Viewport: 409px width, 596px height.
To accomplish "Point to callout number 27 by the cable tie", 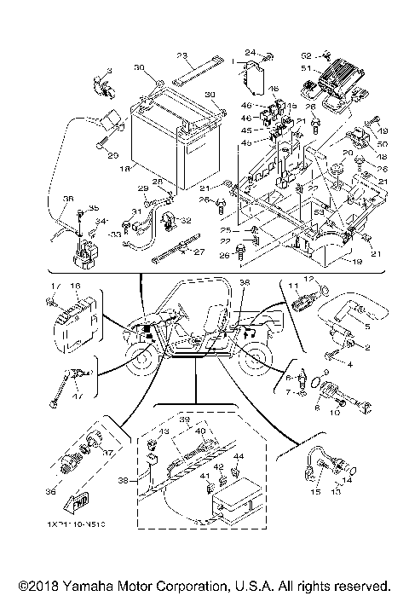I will coord(199,252).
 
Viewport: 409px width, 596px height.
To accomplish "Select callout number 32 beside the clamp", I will coord(186,220).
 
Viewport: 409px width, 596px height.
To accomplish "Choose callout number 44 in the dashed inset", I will coord(238,457).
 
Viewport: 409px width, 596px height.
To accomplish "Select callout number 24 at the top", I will coord(251,53).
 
